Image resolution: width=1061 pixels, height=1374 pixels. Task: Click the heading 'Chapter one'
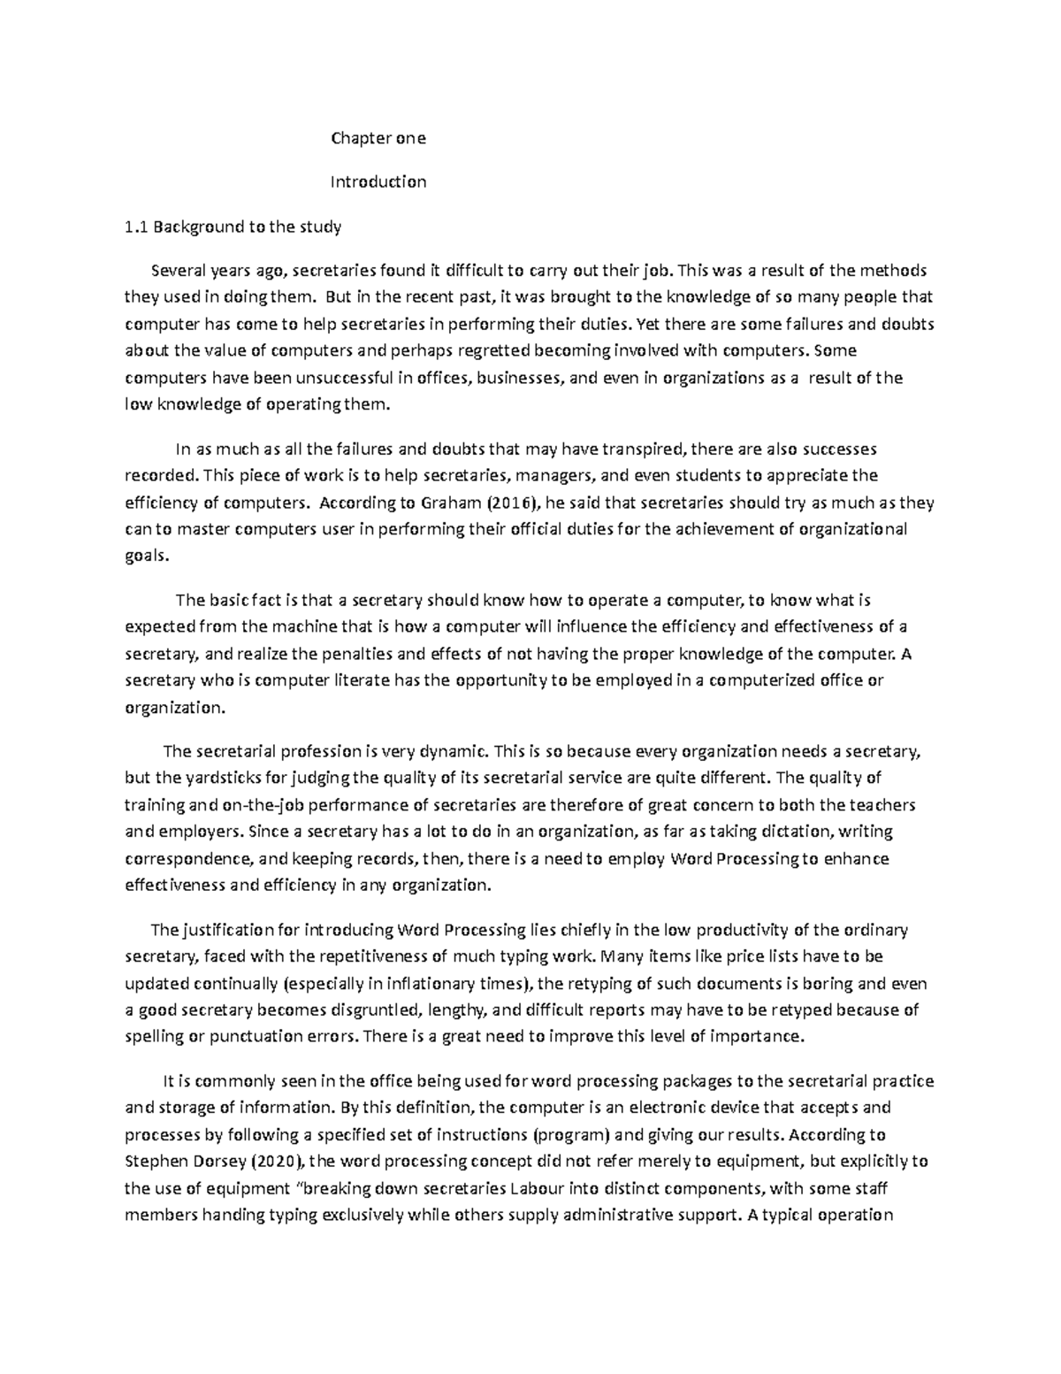378,138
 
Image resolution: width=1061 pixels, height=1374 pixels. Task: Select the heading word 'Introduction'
378,182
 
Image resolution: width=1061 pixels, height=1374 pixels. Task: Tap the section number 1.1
135,226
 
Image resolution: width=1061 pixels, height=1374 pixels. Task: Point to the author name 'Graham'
427,503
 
